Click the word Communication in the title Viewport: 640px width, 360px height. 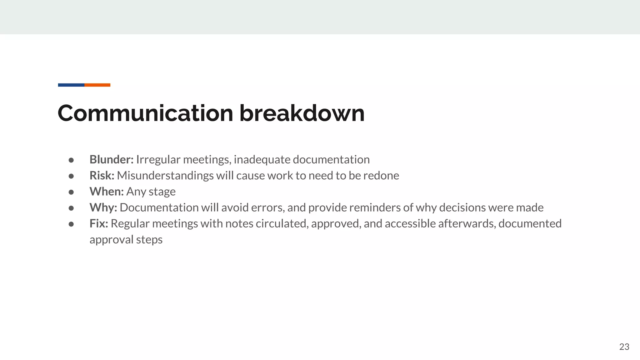click(x=145, y=113)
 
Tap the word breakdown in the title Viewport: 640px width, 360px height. click(x=302, y=113)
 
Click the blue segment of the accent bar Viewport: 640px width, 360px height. click(x=71, y=85)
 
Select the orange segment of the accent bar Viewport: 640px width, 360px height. click(x=97, y=85)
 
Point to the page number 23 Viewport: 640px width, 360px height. click(x=624, y=347)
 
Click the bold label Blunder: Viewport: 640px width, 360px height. click(x=112, y=160)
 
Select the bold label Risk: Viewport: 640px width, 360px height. click(x=102, y=176)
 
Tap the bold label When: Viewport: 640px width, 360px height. click(x=107, y=192)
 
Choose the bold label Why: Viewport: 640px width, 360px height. click(x=103, y=207)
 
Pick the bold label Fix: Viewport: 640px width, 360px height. click(x=99, y=223)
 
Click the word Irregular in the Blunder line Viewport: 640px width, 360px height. click(x=158, y=160)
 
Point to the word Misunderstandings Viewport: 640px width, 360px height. click(x=165, y=176)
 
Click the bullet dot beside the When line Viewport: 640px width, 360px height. click(x=71, y=192)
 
